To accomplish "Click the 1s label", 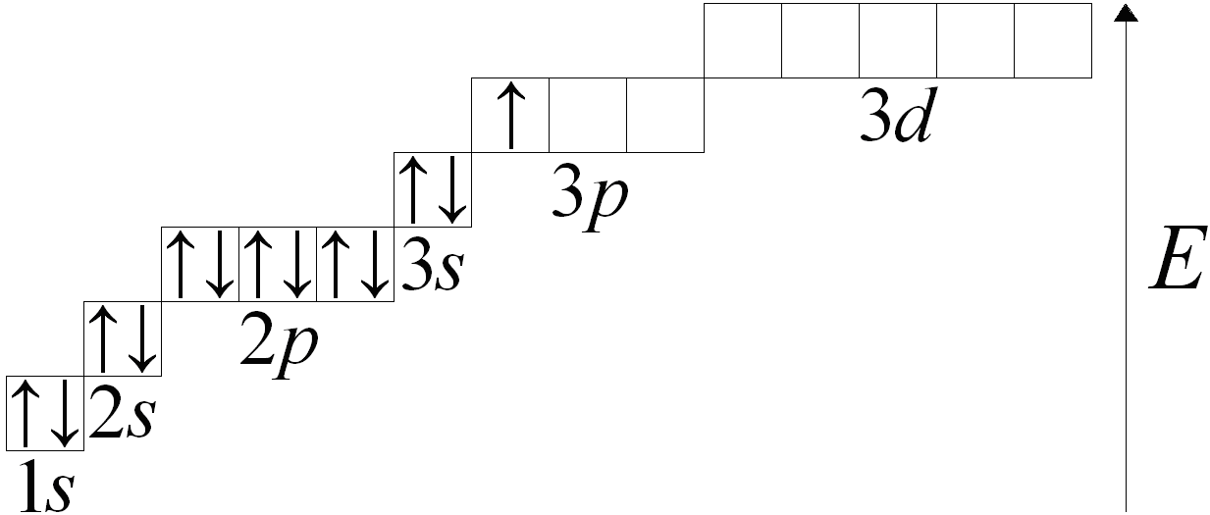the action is point(46,487).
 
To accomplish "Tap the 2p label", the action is point(279,345).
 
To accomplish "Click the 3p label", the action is point(590,197).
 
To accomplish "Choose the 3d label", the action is point(896,115).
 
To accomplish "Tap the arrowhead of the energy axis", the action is point(1127,13).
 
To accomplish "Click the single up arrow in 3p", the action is point(510,115).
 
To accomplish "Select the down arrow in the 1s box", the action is point(65,414).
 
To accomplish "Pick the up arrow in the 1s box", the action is point(26,414).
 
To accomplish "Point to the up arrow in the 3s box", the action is point(413,190).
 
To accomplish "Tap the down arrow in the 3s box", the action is point(451,190).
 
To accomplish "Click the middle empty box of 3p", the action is point(588,115).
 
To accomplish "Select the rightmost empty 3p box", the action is point(665,115).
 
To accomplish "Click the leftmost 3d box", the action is point(743,40).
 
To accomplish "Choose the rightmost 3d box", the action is point(1053,40).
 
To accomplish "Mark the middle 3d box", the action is point(898,40).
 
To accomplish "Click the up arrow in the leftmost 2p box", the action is point(181,265).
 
